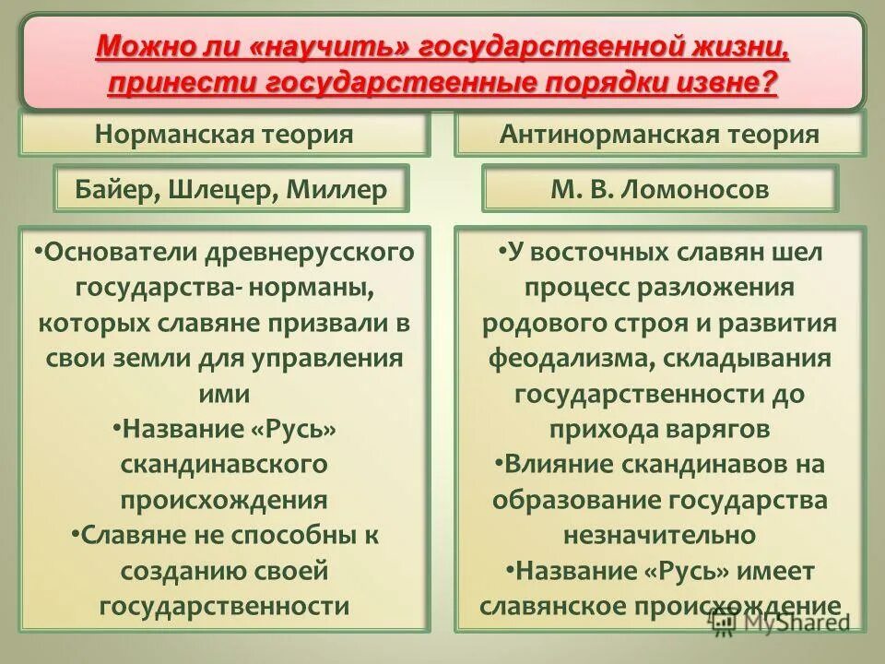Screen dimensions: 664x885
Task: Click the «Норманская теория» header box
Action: coord(224,135)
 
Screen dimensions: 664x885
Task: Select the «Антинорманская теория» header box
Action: coord(659,135)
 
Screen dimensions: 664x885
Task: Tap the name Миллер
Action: coord(336,190)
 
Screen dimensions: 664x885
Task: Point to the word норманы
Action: coord(313,287)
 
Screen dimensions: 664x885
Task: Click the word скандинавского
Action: coord(224,464)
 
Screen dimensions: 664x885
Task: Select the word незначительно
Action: coord(659,535)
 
